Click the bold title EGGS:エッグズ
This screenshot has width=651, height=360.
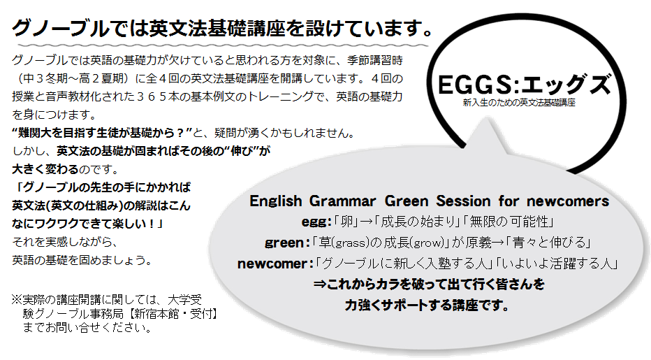click(x=525, y=85)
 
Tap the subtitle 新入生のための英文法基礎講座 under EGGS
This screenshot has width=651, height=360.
click(x=519, y=103)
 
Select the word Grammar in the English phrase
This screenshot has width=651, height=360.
click(x=342, y=201)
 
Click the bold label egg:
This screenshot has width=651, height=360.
click(x=316, y=222)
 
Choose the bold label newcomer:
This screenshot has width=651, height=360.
click(x=275, y=264)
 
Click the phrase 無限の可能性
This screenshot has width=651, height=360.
click(x=509, y=222)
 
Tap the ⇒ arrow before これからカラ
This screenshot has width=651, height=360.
click(x=320, y=285)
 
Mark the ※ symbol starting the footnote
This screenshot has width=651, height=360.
click(x=17, y=299)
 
